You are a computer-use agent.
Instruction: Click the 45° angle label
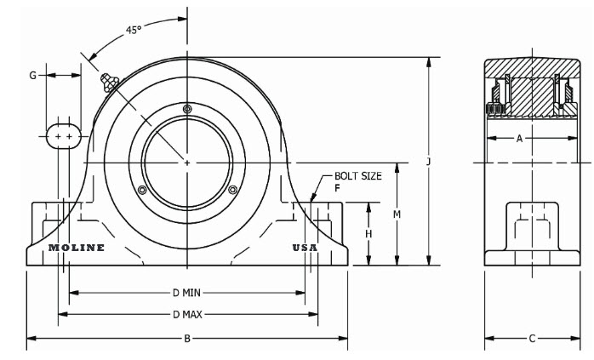133,30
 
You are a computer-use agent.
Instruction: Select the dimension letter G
33,76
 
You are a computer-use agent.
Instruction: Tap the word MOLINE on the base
77,248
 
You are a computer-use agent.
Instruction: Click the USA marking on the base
305,248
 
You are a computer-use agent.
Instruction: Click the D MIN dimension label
187,293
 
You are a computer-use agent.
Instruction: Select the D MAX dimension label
187,314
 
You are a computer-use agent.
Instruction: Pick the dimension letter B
187,339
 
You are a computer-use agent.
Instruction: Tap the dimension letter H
368,233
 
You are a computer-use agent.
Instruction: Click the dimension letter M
397,214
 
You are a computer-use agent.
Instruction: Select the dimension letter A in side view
519,139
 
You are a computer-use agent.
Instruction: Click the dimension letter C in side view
532,339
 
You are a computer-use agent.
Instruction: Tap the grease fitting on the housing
107,83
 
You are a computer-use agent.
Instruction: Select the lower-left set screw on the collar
142,189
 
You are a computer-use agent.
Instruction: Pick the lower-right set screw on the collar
232,189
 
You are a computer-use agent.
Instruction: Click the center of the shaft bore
187,160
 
